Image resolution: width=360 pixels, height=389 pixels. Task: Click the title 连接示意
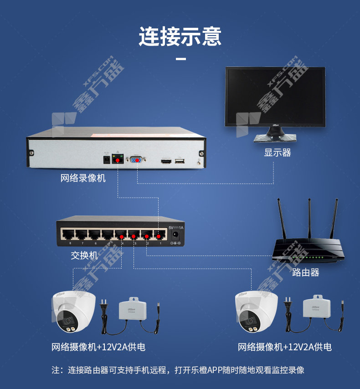click(x=180, y=36)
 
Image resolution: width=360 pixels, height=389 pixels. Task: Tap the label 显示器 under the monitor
click(x=277, y=153)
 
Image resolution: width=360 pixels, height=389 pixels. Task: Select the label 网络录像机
click(x=83, y=178)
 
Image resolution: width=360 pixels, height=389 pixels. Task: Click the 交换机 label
click(x=84, y=255)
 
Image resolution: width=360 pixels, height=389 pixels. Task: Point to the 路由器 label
click(x=305, y=272)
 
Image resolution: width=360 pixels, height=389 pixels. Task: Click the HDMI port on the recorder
click(x=165, y=161)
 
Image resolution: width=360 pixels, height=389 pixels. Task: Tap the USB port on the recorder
click(x=180, y=161)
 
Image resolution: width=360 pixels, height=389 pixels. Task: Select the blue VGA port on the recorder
click(x=137, y=160)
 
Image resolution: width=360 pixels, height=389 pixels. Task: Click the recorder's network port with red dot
click(x=118, y=159)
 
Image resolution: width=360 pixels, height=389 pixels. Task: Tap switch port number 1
click(x=159, y=235)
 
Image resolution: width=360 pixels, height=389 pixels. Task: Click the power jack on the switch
click(x=175, y=235)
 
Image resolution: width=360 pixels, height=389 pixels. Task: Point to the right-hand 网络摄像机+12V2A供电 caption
click(x=284, y=347)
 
